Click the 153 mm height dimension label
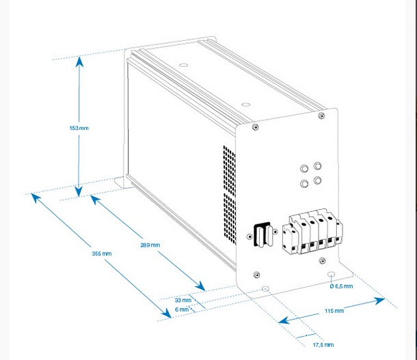pos(79,128)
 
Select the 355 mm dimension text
pos(102,253)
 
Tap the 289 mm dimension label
pos(150,244)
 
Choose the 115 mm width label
pos(335,311)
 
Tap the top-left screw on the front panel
pos(255,127)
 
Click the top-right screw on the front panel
pos(321,117)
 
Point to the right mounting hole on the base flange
pos(331,275)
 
